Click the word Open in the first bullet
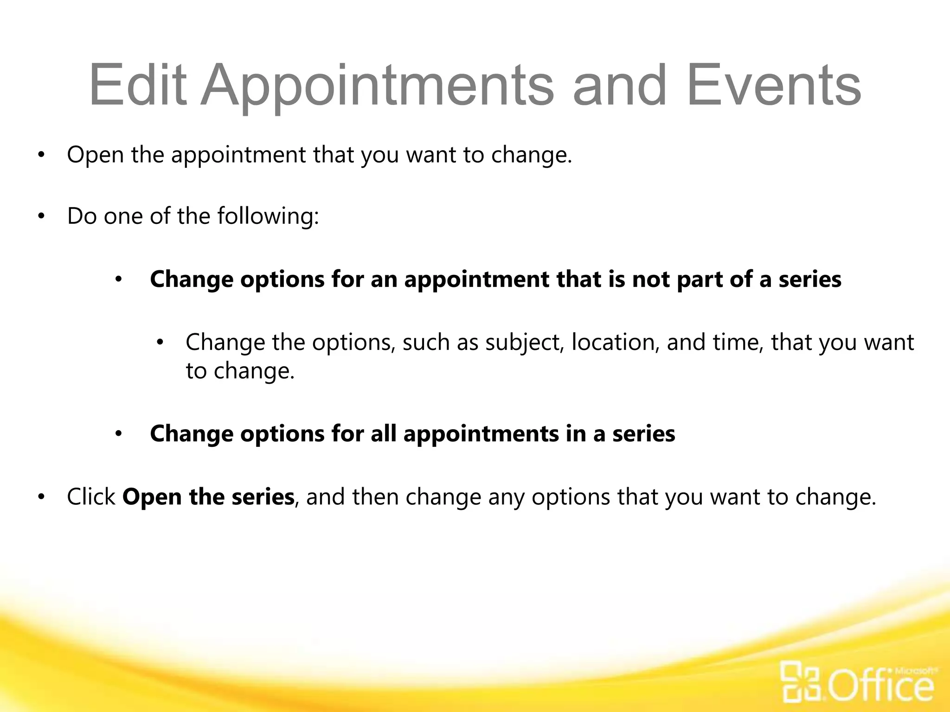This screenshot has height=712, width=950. click(x=95, y=155)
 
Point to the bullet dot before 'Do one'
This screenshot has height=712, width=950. click(x=41, y=216)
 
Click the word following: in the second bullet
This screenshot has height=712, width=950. click(x=268, y=216)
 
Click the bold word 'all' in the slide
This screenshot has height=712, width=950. click(x=383, y=434)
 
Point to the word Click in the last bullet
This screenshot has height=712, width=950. click(x=91, y=497)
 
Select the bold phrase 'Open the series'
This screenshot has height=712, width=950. click(x=208, y=497)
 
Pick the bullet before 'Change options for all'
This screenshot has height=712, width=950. click(x=118, y=434)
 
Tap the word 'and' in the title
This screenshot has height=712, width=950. click(x=620, y=86)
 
